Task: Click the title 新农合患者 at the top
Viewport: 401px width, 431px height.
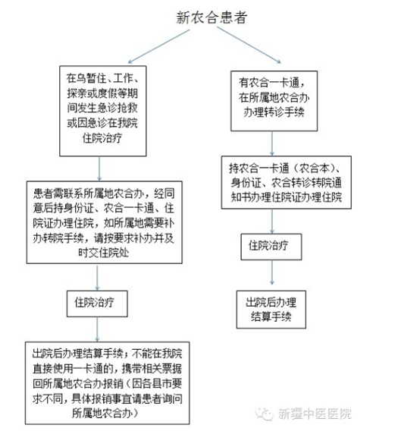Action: (211, 17)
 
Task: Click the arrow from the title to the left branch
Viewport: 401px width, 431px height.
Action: (158, 46)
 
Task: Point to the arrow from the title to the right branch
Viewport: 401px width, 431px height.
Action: (249, 45)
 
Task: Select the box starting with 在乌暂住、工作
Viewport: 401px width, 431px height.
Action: (103, 111)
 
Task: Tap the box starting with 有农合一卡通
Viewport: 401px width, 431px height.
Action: (274, 101)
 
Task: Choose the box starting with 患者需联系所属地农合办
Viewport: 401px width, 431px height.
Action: (104, 222)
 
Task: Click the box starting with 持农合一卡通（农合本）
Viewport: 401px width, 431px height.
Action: (287, 183)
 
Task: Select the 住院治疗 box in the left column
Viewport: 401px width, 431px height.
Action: (97, 304)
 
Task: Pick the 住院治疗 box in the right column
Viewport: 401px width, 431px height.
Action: (271, 247)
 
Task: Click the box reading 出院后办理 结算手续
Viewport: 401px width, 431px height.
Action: (271, 310)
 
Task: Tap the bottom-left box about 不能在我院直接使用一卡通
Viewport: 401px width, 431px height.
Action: (107, 383)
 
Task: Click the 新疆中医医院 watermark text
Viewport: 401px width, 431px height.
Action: (315, 414)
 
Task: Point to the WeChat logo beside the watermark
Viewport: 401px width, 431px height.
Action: (264, 414)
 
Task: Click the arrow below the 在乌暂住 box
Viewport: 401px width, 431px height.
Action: (99, 168)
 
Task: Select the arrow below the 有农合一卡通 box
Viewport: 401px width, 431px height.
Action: (272, 143)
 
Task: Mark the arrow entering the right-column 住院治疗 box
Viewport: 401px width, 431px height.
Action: (272, 222)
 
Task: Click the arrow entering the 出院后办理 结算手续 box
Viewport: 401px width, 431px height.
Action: (272, 272)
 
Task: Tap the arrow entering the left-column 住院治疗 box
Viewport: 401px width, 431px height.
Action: (97, 278)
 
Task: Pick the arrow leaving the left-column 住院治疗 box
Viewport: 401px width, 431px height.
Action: (97, 329)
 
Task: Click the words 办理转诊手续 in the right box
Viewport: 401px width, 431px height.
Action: (274, 112)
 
